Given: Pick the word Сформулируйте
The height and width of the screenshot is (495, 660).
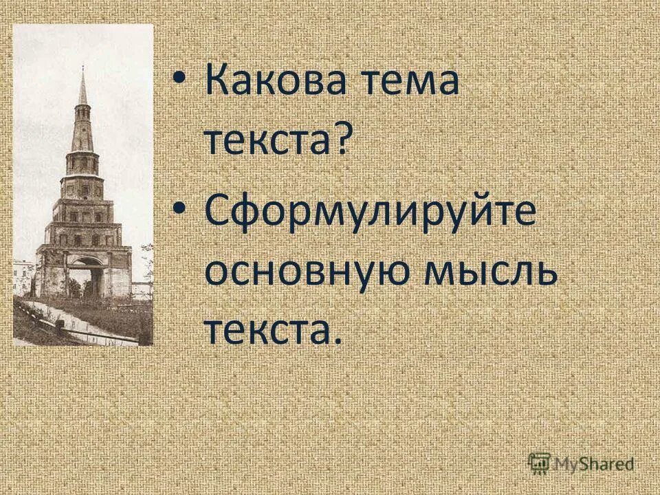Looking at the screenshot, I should tap(370, 212).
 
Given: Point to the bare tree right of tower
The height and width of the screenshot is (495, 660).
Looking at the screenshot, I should tap(146, 261).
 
